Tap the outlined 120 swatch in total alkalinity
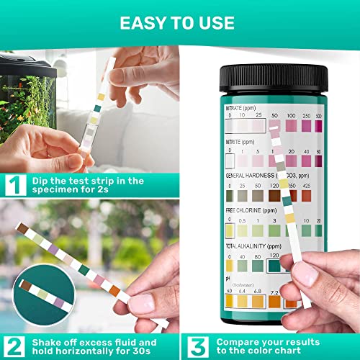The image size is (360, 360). (275, 265)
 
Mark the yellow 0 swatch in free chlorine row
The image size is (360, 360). (230, 230)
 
